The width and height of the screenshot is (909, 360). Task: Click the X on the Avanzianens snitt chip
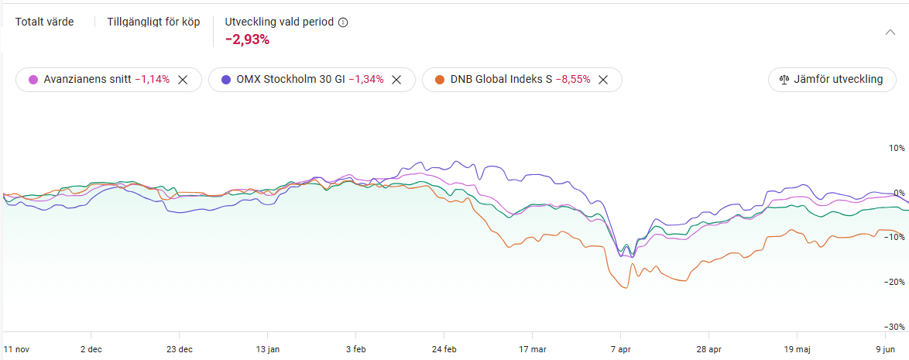pyautogui.click(x=183, y=80)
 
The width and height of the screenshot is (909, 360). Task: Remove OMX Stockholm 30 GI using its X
pyautogui.click(x=396, y=80)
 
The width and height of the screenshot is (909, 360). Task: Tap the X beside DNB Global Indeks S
pyautogui.click(x=603, y=80)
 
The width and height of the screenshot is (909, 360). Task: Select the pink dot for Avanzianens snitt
pyautogui.click(x=33, y=80)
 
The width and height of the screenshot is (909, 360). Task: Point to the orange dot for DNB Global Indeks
pyautogui.click(x=440, y=80)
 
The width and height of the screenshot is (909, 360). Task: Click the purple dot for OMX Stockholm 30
pyautogui.click(x=226, y=80)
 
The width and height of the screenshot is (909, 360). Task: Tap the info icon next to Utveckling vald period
pyautogui.click(x=343, y=22)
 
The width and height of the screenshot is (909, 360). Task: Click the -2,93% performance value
pyautogui.click(x=247, y=39)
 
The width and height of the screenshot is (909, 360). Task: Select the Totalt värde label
pyautogui.click(x=45, y=22)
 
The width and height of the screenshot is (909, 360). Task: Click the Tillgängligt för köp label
pyautogui.click(x=153, y=22)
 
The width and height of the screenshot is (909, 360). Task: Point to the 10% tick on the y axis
pyautogui.click(x=896, y=148)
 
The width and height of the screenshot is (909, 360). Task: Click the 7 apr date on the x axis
pyautogui.click(x=620, y=349)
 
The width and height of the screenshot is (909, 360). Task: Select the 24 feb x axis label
pyautogui.click(x=444, y=349)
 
